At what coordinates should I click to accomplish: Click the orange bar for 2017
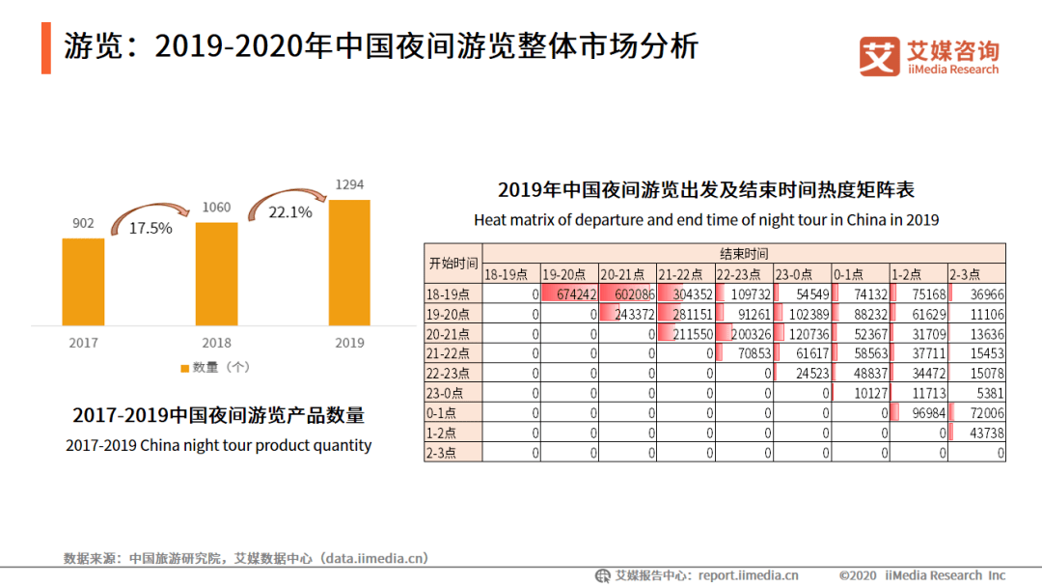tap(83, 281)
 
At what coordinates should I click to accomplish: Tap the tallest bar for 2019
tap(349, 262)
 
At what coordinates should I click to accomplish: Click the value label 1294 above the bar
tap(349, 184)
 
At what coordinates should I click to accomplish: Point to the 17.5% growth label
tap(151, 228)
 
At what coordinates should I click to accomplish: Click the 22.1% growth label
tap(290, 211)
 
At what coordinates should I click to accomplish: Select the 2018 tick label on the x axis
tap(216, 343)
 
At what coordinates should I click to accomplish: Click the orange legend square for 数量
tap(185, 368)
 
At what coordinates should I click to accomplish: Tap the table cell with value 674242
tap(569, 294)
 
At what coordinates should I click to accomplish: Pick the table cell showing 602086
tap(627, 294)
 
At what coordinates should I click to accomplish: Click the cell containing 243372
tap(627, 314)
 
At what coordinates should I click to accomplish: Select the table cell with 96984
tap(918, 412)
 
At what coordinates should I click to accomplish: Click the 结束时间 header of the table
tap(744, 254)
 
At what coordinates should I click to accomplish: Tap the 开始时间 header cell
tap(452, 264)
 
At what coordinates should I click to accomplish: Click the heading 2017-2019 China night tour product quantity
tap(218, 446)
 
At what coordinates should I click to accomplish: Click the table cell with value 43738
tap(976, 433)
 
